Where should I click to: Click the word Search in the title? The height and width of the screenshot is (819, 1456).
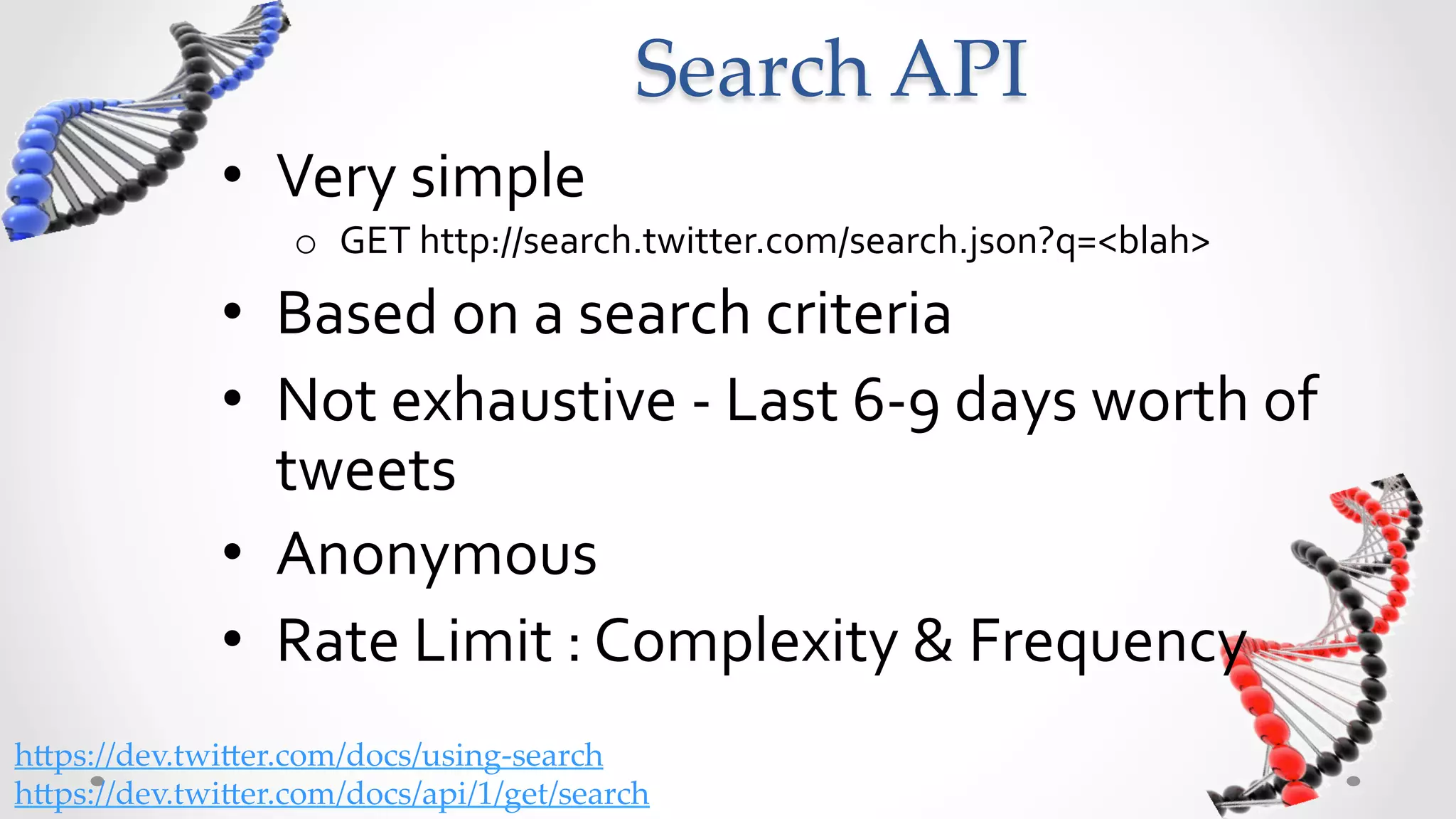(x=751, y=70)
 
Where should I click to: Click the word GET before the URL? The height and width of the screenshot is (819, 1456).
(x=375, y=241)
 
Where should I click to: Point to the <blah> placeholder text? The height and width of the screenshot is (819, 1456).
(x=1153, y=241)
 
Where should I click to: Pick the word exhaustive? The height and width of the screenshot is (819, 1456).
(x=533, y=402)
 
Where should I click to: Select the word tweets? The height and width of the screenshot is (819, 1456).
(x=365, y=471)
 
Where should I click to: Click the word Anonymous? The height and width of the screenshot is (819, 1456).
(x=437, y=555)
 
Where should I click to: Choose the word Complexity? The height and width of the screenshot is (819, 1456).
(x=746, y=642)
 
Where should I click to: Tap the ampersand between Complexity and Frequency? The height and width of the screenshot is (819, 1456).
(x=933, y=642)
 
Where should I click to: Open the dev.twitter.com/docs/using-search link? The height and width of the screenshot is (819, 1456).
(x=309, y=756)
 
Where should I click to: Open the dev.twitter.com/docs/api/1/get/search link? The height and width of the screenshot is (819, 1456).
(x=332, y=794)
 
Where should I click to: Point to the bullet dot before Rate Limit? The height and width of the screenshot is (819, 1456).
(x=232, y=639)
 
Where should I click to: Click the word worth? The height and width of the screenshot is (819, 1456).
(x=1169, y=402)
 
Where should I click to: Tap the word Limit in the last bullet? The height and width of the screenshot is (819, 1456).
(x=483, y=642)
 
